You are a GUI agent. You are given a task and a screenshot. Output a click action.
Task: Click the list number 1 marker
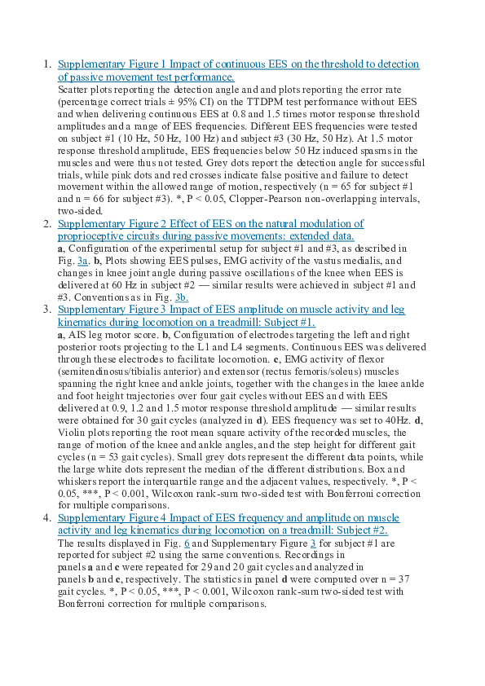click(x=46, y=64)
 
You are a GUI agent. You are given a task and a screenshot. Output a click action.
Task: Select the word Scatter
click(x=73, y=93)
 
